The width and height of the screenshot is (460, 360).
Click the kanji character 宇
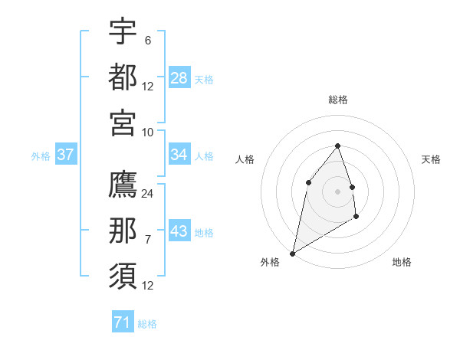pyautogui.click(x=123, y=32)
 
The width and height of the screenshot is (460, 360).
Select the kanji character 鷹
pyautogui.click(x=123, y=185)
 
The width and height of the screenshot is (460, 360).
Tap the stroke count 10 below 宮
pyautogui.click(x=148, y=132)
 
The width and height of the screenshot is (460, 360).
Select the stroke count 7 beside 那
pyautogui.click(x=147, y=240)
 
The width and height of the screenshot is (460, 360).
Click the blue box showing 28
pyautogui.click(x=179, y=78)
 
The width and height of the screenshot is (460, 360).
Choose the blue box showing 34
pyautogui.click(x=179, y=155)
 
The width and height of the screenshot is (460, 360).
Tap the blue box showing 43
pyautogui.click(x=179, y=231)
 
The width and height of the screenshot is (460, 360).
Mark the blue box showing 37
pyautogui.click(x=66, y=155)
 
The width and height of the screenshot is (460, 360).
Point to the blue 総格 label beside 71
pyautogui.click(x=147, y=324)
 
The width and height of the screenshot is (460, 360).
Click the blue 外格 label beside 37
pyautogui.click(x=41, y=156)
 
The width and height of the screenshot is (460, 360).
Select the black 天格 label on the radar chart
pyautogui.click(x=431, y=159)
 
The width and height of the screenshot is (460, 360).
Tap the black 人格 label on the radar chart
pyautogui.click(x=245, y=159)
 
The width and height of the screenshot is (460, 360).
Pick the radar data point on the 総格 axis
pyautogui.click(x=337, y=146)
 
